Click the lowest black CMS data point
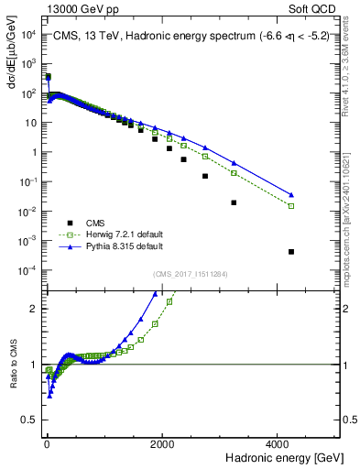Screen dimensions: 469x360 pyautogui.click(x=291, y=252)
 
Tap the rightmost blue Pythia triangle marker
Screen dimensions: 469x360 pyautogui.click(x=291, y=194)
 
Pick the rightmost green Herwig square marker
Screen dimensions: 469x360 pyautogui.click(x=291, y=206)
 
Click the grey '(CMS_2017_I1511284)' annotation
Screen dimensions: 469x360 pyautogui.click(x=191, y=274)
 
